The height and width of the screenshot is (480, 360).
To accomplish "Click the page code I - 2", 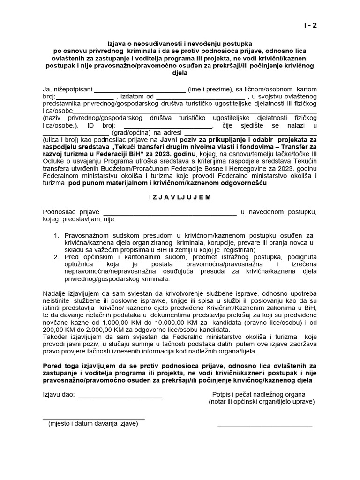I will pos(310,25).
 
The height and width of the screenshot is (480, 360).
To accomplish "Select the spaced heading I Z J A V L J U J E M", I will pos(180,197).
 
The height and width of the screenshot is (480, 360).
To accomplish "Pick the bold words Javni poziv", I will pos(179,140).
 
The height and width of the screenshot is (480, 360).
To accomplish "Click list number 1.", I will pos(56,235).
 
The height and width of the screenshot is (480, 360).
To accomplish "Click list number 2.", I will pos(56,257).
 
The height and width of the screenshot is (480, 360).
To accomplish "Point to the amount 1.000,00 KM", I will pos(115,322).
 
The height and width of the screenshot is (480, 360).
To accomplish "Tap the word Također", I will pos(56,337).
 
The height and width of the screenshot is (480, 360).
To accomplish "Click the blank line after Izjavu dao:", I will pos(120,397).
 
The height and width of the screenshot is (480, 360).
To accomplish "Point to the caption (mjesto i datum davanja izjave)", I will pos(93,423).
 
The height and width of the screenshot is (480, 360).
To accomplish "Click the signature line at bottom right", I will pos(265,426).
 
